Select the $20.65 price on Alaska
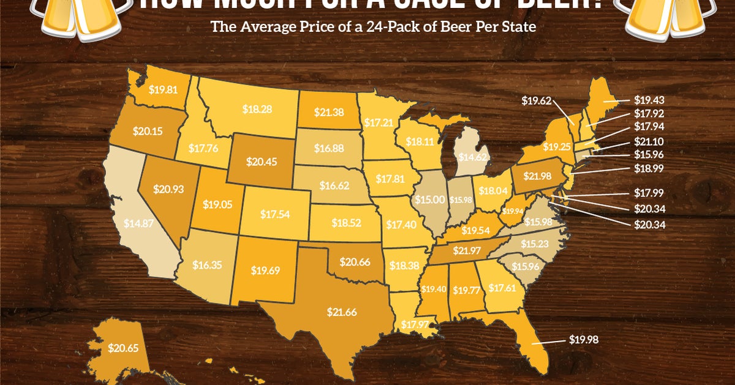[x=121, y=348]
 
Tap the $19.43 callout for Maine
[x=650, y=100]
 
